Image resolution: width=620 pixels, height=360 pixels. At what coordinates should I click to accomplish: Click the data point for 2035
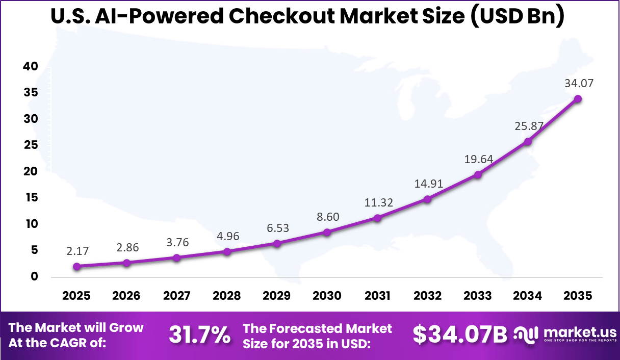click(x=578, y=99)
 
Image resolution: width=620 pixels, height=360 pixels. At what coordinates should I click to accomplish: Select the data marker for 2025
click(x=76, y=266)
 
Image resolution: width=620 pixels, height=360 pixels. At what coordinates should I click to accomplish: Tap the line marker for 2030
click(x=327, y=232)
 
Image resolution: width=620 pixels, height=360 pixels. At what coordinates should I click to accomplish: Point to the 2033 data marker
click(x=478, y=174)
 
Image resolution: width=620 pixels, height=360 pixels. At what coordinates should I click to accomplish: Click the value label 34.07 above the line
click(x=578, y=83)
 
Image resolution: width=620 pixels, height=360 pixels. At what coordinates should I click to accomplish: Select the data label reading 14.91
click(x=427, y=184)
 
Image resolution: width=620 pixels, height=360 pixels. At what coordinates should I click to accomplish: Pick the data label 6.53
click(x=277, y=228)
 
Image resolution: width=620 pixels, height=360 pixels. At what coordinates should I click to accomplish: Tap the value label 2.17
click(x=77, y=251)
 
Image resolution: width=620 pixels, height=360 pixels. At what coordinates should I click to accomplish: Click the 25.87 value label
click(x=528, y=125)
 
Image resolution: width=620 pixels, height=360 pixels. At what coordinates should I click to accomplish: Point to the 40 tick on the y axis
click(x=31, y=66)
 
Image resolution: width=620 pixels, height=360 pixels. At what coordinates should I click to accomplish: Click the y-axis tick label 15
click(x=31, y=198)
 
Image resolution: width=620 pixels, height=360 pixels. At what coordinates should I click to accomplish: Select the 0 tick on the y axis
click(x=34, y=277)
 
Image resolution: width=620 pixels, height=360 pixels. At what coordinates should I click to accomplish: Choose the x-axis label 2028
click(x=227, y=296)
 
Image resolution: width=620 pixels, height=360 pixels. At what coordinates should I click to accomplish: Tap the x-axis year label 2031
click(x=377, y=296)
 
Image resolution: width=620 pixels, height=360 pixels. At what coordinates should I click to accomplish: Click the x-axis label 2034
click(x=528, y=296)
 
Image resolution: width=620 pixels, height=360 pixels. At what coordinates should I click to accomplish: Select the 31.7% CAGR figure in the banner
click(x=199, y=335)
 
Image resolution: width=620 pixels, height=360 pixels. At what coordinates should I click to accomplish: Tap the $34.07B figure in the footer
click(x=460, y=335)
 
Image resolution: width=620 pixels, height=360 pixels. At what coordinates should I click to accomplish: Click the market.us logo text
click(x=580, y=332)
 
